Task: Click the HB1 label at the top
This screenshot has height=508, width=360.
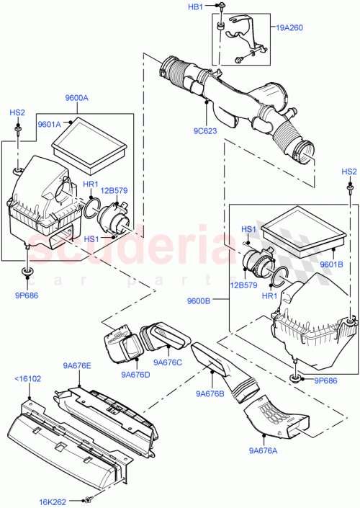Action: click(x=195, y=6)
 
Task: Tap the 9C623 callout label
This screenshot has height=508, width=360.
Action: click(x=205, y=132)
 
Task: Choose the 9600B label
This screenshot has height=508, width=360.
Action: click(x=199, y=301)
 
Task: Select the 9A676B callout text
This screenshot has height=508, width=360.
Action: click(x=210, y=393)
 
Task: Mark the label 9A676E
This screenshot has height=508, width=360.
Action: click(x=76, y=366)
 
